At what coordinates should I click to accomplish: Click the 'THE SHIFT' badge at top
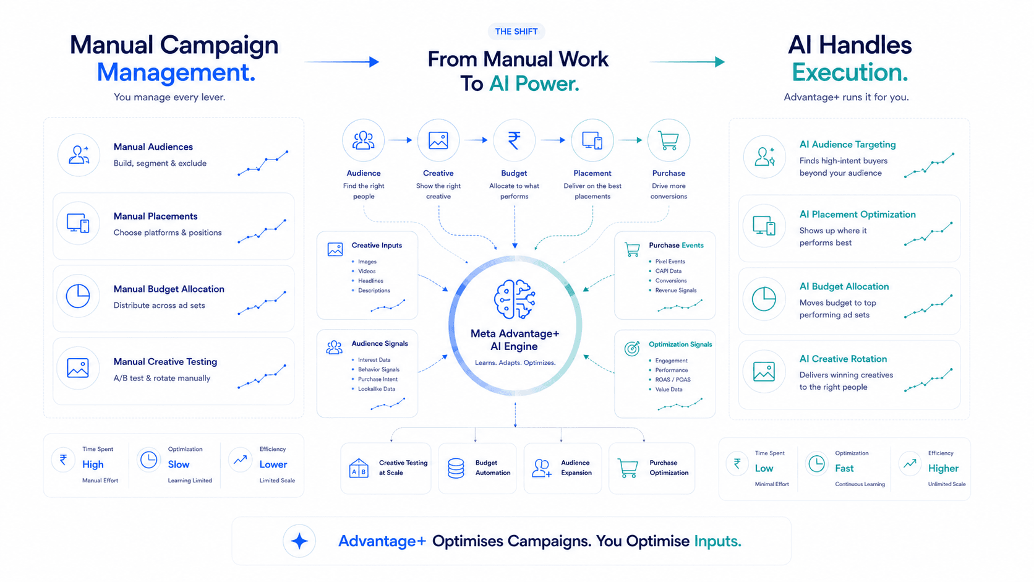click(x=516, y=32)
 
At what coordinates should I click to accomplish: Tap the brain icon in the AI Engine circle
click(x=515, y=299)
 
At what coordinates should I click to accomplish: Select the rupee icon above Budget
click(x=515, y=140)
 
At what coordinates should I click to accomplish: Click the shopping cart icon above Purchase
click(x=669, y=140)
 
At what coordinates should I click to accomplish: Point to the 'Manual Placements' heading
click(x=156, y=216)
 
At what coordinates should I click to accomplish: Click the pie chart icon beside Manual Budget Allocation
click(x=78, y=296)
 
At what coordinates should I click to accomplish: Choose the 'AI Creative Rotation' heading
click(x=843, y=359)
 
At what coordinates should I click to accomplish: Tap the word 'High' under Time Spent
click(x=93, y=464)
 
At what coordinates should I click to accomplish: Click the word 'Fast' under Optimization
click(x=844, y=468)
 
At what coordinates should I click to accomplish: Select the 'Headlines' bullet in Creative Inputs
click(x=370, y=281)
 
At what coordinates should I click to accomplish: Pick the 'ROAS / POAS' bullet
click(x=673, y=379)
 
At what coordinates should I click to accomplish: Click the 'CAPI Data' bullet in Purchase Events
click(x=668, y=271)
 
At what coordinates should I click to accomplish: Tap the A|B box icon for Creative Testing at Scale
click(x=359, y=468)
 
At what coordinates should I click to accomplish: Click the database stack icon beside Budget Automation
click(x=456, y=468)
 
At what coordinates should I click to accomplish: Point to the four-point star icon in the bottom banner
click(x=299, y=541)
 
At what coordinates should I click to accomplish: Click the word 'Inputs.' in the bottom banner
click(x=718, y=541)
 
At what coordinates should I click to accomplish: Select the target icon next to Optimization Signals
click(x=632, y=348)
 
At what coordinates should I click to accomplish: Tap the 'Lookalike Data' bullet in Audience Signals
click(x=376, y=388)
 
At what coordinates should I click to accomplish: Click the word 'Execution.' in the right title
click(x=850, y=72)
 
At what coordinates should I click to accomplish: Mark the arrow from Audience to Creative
click(x=399, y=140)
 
